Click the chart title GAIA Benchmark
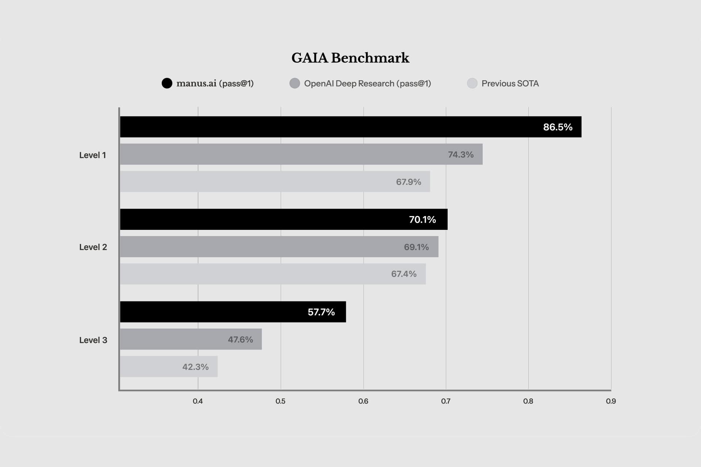[350, 58]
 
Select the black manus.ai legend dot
[167, 83]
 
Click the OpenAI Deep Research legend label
[367, 84]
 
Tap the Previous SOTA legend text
[510, 84]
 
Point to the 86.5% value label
[558, 127]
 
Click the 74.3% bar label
[461, 154]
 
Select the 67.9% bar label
[409, 182]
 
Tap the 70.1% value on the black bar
[422, 219]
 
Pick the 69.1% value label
[416, 247]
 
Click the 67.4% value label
[404, 274]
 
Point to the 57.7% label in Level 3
[321, 312]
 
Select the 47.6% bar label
[240, 339]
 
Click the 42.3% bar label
[195, 367]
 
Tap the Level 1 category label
[93, 155]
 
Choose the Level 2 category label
[93, 247]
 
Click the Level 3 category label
[93, 340]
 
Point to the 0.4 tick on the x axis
[198, 401]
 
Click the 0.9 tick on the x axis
[611, 401]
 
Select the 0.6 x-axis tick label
[363, 401]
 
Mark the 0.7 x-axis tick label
[446, 401]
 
